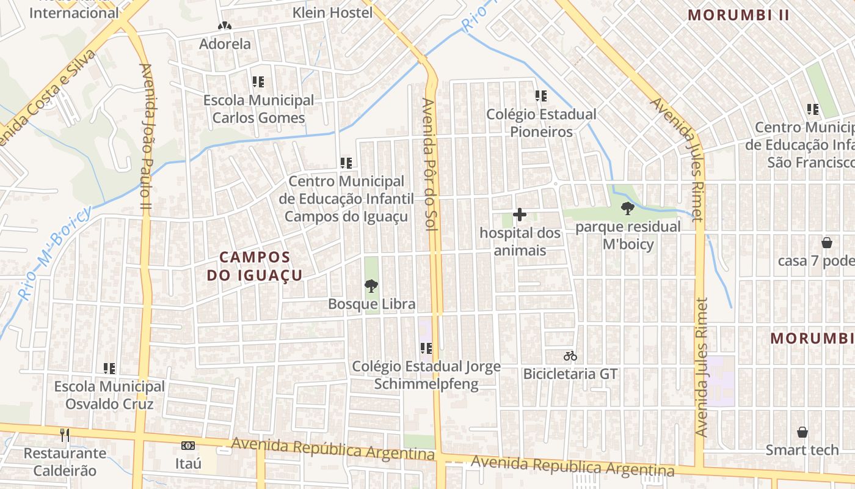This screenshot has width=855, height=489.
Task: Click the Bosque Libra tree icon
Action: [371, 285]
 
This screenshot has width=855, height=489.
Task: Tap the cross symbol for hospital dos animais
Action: [520, 215]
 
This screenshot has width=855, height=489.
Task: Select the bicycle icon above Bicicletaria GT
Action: [570, 356]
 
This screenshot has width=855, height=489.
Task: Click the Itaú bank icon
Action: [188, 446]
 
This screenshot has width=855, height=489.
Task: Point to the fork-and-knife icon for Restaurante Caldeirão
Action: [65, 435]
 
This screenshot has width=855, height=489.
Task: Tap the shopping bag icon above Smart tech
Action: [802, 432]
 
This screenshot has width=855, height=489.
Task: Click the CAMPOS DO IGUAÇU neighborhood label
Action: [255, 266]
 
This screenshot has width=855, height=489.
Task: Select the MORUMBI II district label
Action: [739, 15]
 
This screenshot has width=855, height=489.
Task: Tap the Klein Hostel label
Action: [332, 12]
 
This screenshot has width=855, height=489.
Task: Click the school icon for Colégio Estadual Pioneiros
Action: [541, 96]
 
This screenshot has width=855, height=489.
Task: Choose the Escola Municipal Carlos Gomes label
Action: [258, 109]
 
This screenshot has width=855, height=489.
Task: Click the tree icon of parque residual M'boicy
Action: [627, 208]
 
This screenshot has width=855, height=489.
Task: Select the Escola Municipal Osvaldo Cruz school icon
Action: [109, 368]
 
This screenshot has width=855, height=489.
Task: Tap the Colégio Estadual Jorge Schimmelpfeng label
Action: [426, 375]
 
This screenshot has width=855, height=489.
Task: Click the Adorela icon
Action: [225, 26]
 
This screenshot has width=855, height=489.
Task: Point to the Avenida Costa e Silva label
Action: [49, 98]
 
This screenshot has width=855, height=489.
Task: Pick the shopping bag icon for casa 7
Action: [827, 243]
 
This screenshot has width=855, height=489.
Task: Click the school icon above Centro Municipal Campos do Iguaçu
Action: [346, 163]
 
